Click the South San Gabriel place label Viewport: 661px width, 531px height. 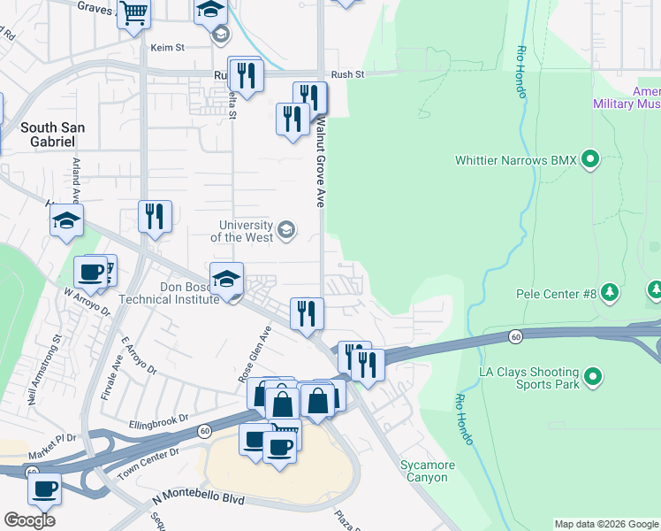click(53, 135)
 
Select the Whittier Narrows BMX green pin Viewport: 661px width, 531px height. click(590, 160)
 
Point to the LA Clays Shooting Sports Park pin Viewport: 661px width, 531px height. click(594, 378)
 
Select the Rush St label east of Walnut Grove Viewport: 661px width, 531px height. click(347, 75)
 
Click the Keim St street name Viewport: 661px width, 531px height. click(166, 47)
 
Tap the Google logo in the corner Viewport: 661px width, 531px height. click(29, 519)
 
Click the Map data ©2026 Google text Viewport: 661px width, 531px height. click(605, 524)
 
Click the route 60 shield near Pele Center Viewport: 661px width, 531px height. click(513, 335)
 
